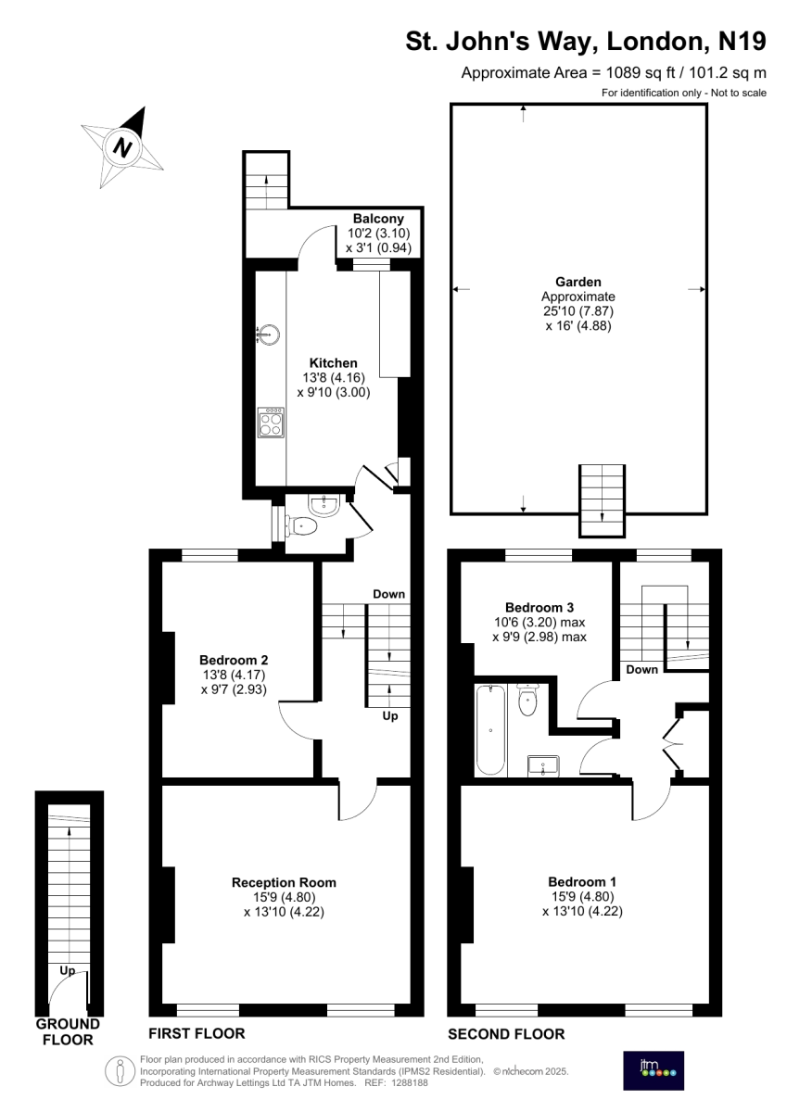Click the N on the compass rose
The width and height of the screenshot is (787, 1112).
[x=122, y=147]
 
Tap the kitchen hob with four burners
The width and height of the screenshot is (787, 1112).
[x=271, y=423]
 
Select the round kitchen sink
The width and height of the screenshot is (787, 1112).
[x=269, y=335]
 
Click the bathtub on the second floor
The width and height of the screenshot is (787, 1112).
[x=490, y=730]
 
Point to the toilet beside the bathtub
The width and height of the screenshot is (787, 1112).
[x=527, y=700]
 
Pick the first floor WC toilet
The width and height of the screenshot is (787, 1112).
[x=301, y=525]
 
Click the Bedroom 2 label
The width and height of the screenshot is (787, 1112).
[x=234, y=660]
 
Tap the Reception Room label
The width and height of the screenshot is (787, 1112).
[x=284, y=882]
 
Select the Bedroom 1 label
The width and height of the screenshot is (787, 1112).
[x=582, y=881]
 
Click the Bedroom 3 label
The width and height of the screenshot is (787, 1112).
[x=539, y=607]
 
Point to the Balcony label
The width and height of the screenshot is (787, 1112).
[x=378, y=219]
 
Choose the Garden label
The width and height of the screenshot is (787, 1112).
[x=578, y=282]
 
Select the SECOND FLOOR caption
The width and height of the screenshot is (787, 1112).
[x=506, y=1034]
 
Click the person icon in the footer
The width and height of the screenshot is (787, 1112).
[x=121, y=1070]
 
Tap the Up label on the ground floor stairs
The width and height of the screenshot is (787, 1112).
[x=68, y=971]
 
